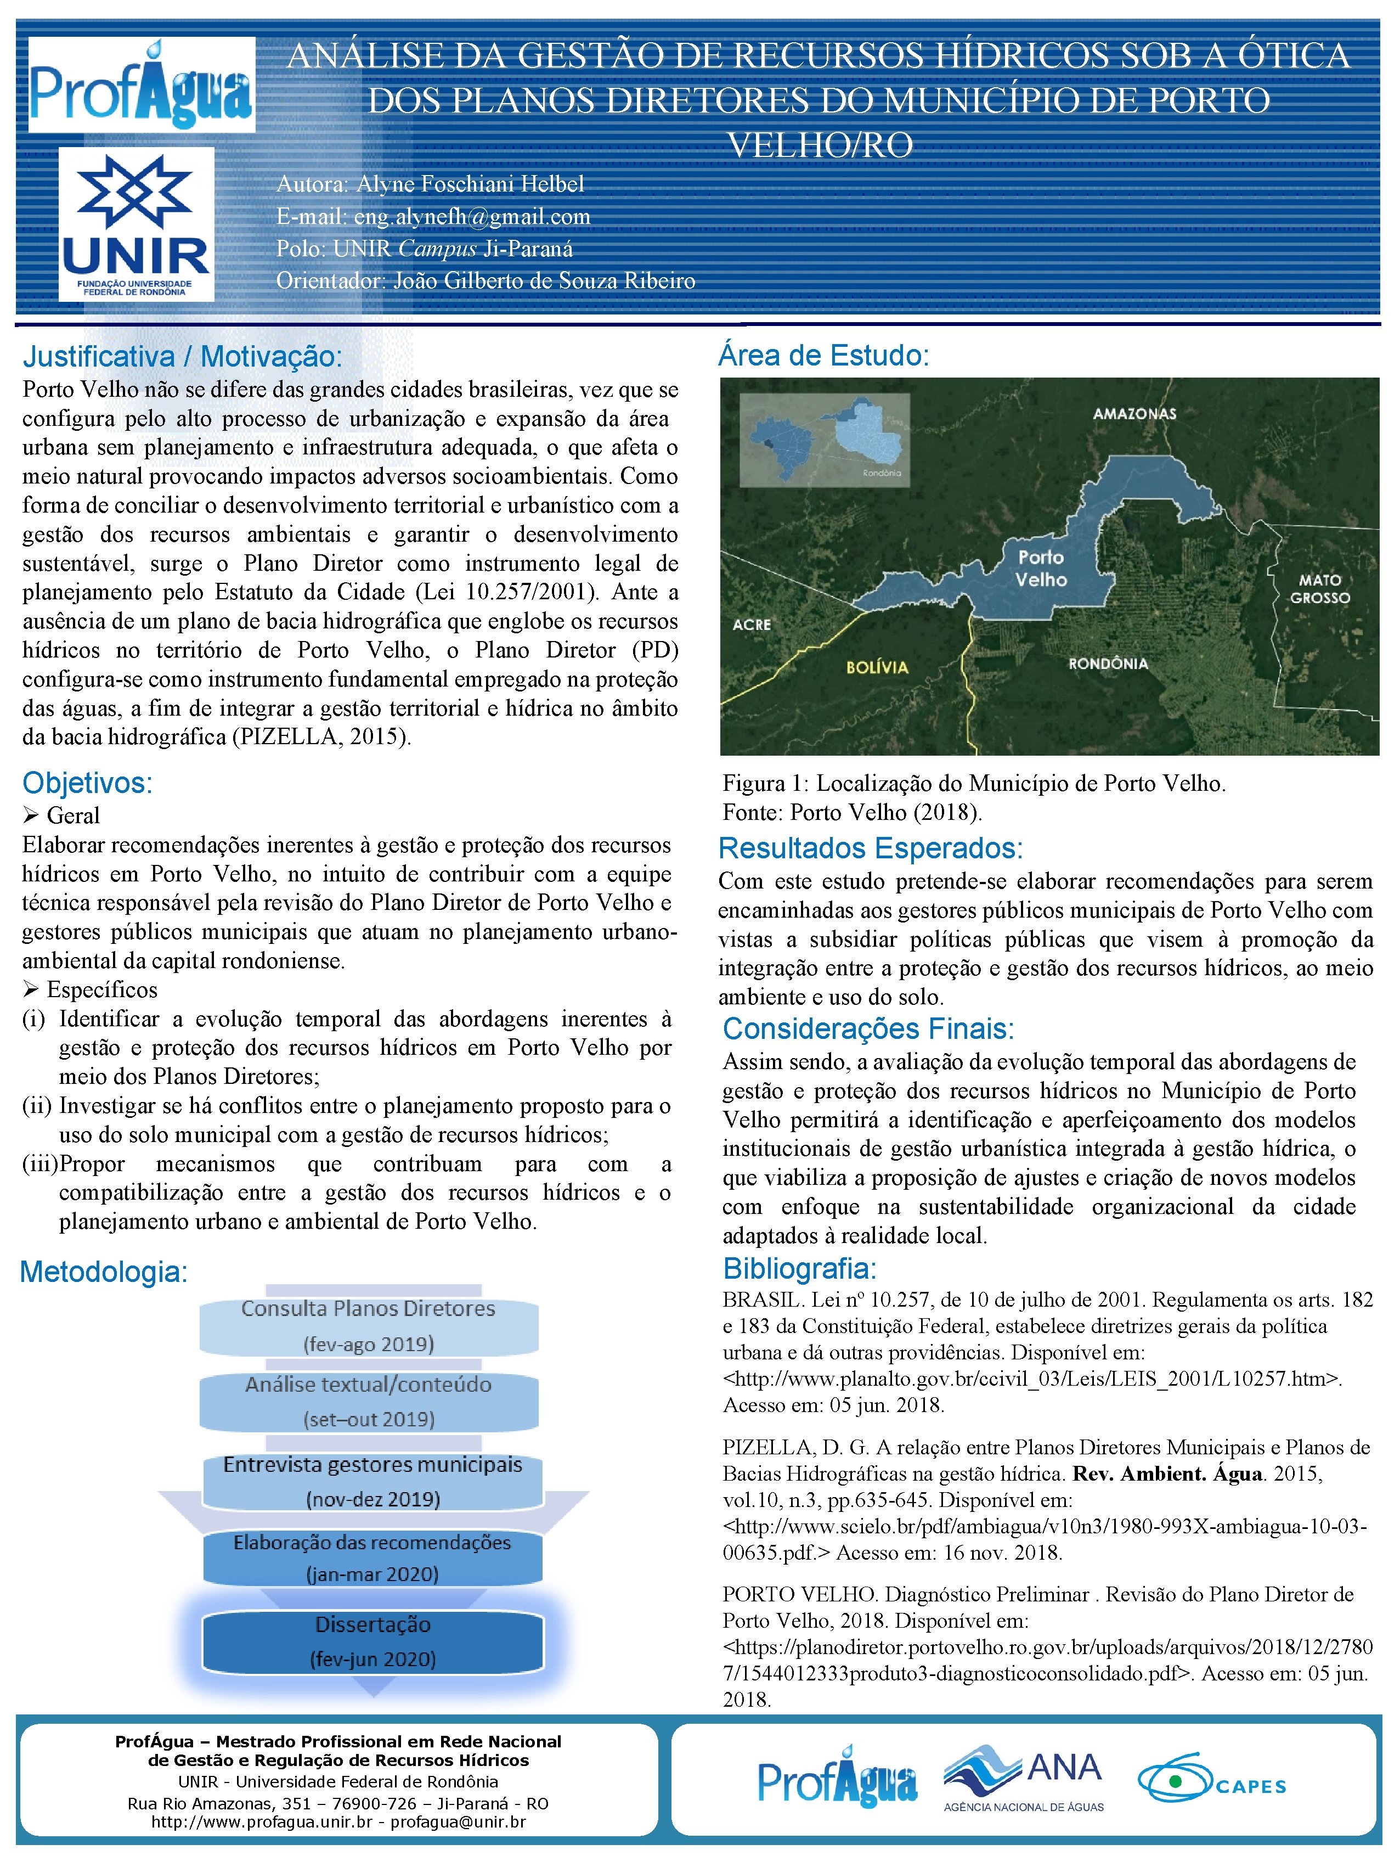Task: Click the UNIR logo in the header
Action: [136, 224]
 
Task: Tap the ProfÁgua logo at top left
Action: [142, 85]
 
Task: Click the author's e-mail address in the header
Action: [472, 217]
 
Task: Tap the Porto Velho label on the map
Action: [1041, 568]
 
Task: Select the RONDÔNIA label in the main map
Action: [1108, 663]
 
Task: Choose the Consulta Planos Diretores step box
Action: [369, 1326]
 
